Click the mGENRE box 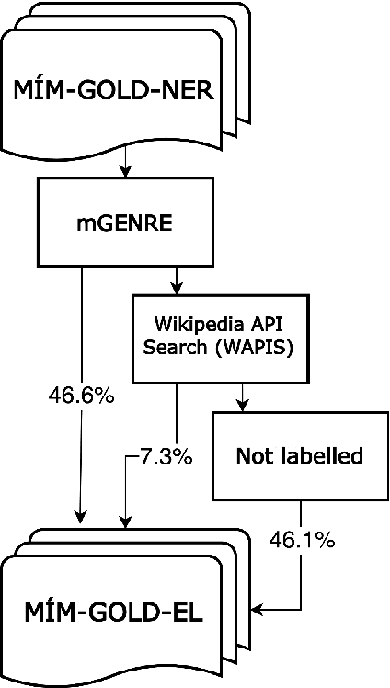[x=125, y=222]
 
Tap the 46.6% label [x=81, y=396]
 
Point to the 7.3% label [x=166, y=456]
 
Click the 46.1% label [x=301, y=540]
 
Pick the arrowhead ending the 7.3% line [x=125, y=522]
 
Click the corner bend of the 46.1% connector [x=301, y=608]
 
